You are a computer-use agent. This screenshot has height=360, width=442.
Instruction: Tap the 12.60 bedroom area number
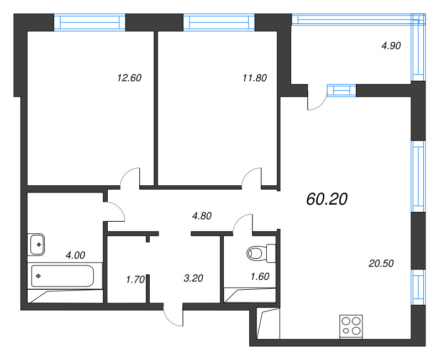click(129, 78)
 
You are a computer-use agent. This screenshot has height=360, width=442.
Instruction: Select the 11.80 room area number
click(254, 78)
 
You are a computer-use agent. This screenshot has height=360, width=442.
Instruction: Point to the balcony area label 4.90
click(391, 46)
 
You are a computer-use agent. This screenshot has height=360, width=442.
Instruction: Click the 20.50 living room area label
click(381, 264)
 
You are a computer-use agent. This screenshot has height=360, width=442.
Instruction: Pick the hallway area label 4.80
click(202, 216)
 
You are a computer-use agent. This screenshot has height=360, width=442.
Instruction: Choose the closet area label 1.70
click(135, 279)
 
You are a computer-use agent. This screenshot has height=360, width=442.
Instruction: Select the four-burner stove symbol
click(351, 326)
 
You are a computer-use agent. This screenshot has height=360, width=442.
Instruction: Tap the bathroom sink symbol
click(37, 243)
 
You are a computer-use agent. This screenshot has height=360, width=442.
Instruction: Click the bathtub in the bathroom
click(62, 275)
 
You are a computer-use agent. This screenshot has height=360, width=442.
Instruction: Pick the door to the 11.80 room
click(251, 178)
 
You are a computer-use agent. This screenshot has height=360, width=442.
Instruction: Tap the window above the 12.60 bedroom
click(90, 22)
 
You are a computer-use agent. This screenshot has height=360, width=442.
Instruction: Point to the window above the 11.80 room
click(219, 22)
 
